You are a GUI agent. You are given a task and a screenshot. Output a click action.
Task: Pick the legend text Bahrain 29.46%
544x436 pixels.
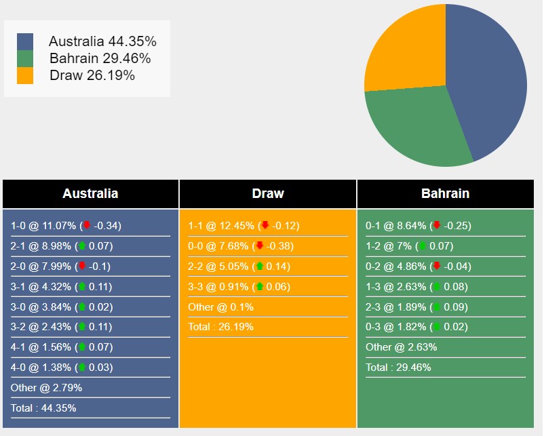click(x=100, y=58)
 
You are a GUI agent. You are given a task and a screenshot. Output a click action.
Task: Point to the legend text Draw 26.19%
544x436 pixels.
click(x=92, y=75)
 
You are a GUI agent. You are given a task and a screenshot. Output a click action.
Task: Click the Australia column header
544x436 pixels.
click(x=90, y=193)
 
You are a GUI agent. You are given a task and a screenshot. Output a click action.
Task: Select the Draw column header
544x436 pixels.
click(x=268, y=193)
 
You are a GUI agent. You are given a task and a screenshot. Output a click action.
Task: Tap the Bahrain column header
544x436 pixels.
click(x=445, y=193)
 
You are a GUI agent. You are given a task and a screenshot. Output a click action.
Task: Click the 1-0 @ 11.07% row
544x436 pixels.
click(x=66, y=226)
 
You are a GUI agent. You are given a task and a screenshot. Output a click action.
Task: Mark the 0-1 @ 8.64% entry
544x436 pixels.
click(x=418, y=226)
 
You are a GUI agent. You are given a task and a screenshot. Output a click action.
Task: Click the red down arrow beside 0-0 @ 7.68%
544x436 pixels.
click(x=259, y=246)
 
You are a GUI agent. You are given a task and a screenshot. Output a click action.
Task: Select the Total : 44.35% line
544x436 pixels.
click(x=43, y=408)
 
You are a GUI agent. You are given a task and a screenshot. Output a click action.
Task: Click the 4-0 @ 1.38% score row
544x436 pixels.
click(x=62, y=368)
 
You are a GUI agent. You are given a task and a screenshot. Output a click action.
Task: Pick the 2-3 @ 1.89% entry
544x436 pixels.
click(x=416, y=307)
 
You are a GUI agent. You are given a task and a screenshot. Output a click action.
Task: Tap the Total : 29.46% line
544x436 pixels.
click(x=398, y=368)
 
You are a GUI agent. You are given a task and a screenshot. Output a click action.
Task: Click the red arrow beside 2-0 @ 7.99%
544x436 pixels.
click(x=82, y=266)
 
